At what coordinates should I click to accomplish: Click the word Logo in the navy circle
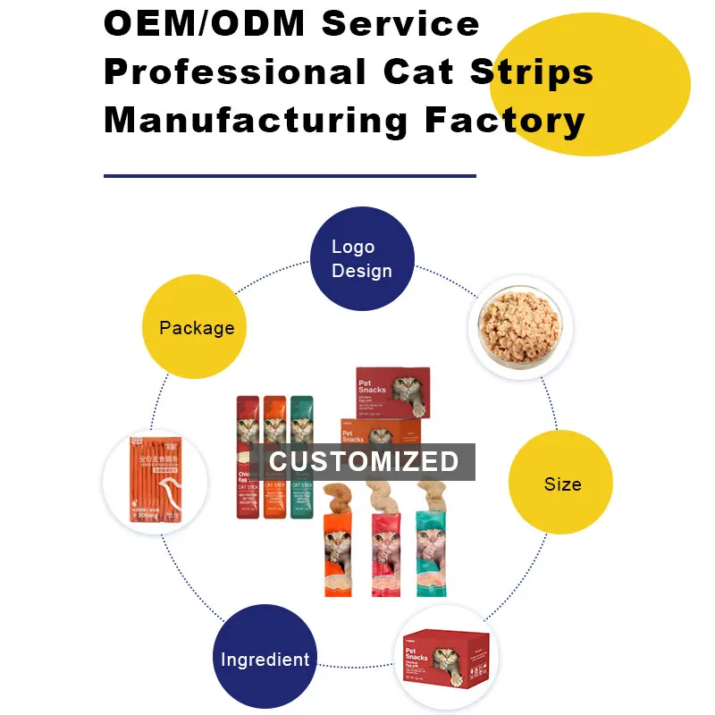point(353,247)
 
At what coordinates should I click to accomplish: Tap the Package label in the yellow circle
point(197,328)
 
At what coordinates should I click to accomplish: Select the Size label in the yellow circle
point(562,484)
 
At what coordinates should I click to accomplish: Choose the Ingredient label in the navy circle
point(265,660)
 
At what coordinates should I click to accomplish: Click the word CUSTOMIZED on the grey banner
point(364,461)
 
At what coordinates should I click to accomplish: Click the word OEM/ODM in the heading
point(205,23)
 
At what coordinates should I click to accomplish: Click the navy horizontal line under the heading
point(290,176)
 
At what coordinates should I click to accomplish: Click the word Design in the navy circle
point(362,271)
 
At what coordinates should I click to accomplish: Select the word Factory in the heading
point(506,119)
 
